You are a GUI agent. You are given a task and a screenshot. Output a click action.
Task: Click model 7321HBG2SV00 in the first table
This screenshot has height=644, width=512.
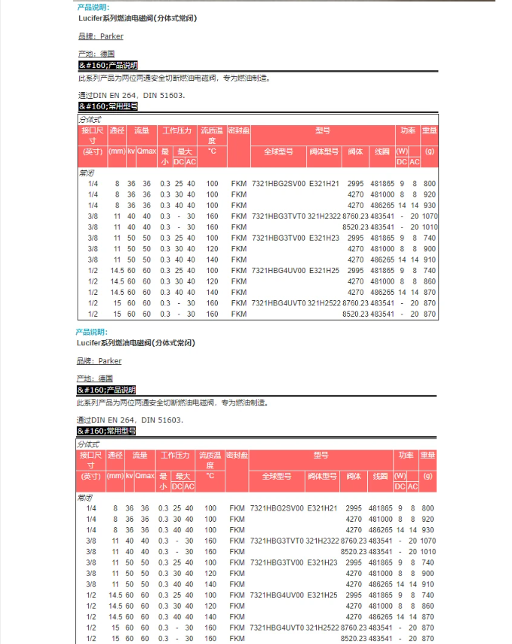pos(278,183)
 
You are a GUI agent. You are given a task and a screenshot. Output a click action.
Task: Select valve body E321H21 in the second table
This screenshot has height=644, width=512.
pos(323,508)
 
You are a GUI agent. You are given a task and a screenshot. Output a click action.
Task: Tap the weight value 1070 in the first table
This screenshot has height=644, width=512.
pos(430,216)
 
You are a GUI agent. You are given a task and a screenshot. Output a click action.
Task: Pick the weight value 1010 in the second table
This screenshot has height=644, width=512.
pos(428,551)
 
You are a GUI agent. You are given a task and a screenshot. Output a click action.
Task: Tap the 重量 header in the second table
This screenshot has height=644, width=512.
pos(428,455)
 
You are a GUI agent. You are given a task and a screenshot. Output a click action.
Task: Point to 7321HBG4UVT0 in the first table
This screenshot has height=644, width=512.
pos(278,303)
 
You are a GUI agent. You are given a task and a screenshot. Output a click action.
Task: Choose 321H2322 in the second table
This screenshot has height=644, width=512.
pos(323,541)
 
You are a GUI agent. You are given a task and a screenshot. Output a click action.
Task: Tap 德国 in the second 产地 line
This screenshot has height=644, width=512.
pos(106,379)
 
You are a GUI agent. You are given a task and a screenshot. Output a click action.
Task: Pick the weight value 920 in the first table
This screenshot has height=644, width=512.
pos(430,194)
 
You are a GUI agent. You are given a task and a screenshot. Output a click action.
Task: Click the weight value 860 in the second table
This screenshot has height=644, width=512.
pos(428,606)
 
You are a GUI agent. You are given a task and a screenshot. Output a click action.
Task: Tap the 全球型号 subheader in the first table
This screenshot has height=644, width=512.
pos(278,151)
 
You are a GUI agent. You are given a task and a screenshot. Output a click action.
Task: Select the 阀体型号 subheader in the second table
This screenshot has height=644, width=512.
pos(323,476)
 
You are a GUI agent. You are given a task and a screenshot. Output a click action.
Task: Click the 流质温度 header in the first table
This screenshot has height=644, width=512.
pos(212,135)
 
